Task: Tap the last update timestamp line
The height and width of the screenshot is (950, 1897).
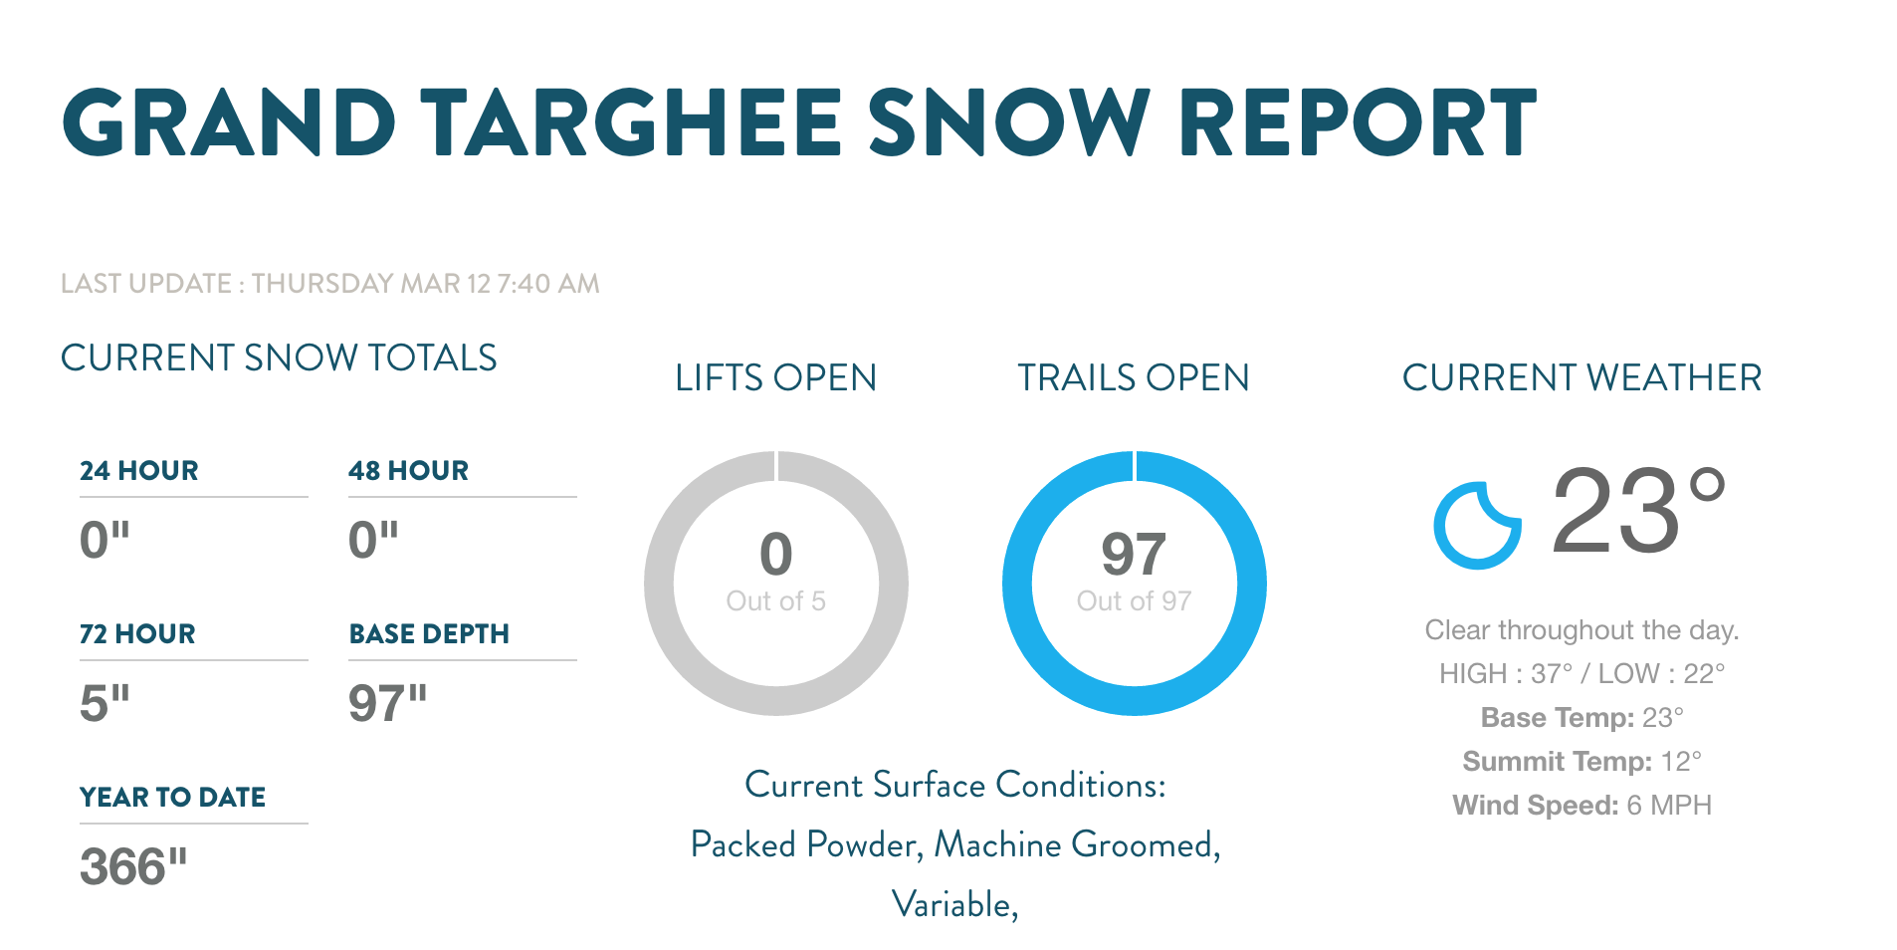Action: tap(330, 284)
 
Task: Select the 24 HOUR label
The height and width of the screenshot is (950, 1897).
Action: tap(139, 470)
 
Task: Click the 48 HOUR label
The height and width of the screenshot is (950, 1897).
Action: tap(408, 470)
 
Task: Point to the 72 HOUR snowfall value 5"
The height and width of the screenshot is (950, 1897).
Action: tap(105, 703)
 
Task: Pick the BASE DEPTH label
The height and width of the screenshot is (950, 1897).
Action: tap(429, 633)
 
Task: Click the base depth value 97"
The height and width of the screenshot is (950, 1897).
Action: tap(387, 703)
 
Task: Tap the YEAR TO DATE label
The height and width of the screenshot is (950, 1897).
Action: tap(172, 797)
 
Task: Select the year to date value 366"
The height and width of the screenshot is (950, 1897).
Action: tap(133, 866)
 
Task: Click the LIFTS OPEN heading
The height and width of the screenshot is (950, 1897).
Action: tap(776, 378)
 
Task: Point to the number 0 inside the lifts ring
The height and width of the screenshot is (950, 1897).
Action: tap(776, 554)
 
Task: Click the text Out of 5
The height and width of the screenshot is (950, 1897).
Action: tap(776, 601)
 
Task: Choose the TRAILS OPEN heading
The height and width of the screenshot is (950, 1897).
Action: tap(1134, 378)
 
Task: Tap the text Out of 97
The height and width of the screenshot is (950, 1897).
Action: tap(1134, 601)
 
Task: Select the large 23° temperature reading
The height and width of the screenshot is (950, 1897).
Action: tap(1638, 511)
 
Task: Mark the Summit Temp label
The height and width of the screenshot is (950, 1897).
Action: tap(1558, 762)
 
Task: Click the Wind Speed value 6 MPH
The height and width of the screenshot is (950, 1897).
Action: tap(1669, 806)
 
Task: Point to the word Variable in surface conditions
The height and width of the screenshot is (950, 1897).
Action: tap(951, 904)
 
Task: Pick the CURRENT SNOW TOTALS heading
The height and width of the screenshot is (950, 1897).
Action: tap(279, 357)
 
